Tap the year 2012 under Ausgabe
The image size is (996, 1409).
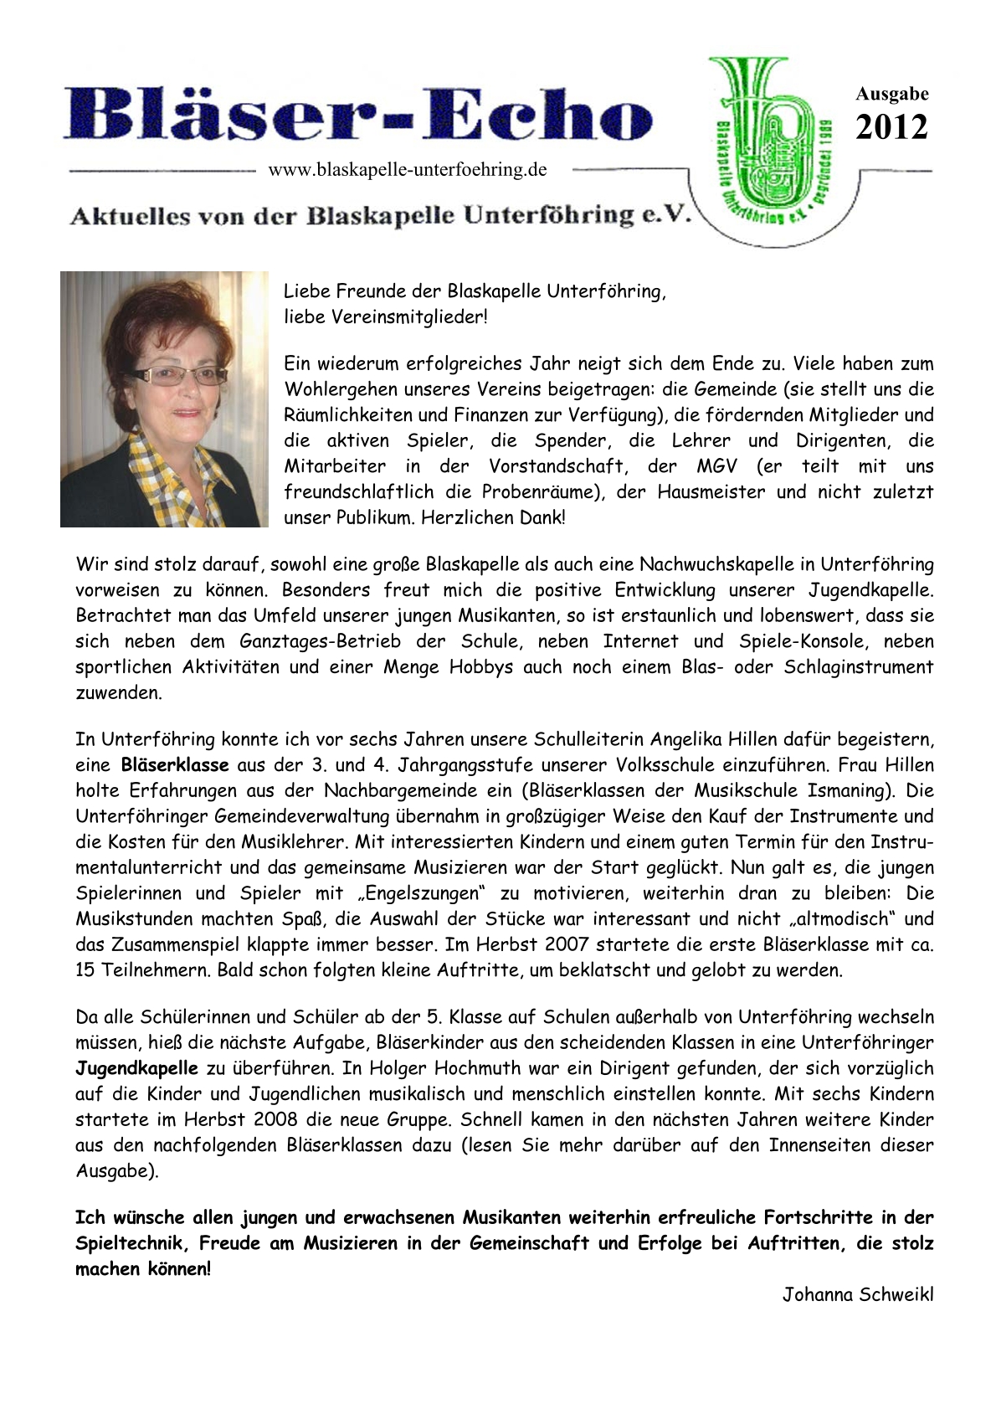click(891, 128)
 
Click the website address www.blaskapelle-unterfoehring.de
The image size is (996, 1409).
click(408, 170)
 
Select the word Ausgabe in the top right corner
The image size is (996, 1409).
click(891, 94)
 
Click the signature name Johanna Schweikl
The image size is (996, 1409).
click(858, 1294)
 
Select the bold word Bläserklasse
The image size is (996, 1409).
click(175, 764)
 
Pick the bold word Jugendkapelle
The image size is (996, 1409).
click(137, 1068)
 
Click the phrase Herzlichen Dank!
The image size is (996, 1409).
click(493, 517)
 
